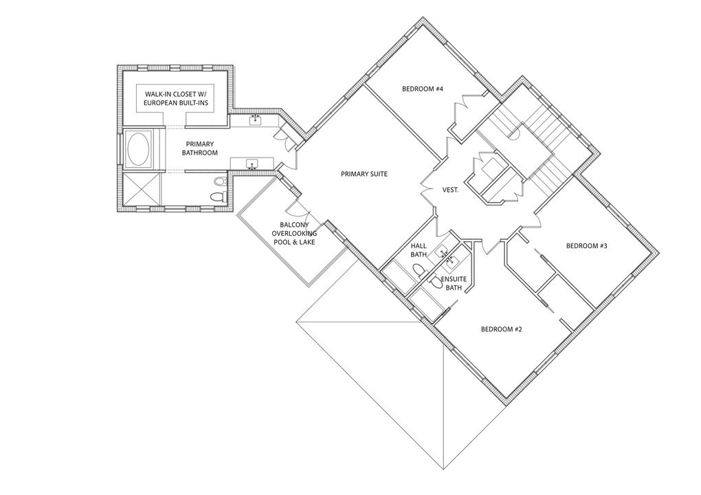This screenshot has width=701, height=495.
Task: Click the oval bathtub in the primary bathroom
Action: [x=140, y=149]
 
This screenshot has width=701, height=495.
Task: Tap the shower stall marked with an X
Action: [x=142, y=189]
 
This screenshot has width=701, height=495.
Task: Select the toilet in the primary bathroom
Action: [x=217, y=197]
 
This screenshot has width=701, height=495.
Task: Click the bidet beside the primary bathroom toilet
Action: [x=220, y=181]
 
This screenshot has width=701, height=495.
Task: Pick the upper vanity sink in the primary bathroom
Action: [x=255, y=120]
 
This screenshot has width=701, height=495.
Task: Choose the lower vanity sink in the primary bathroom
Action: [x=252, y=164]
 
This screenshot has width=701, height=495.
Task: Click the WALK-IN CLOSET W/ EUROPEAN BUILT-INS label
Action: [x=175, y=98]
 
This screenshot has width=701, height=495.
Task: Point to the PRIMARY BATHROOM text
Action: [x=199, y=148]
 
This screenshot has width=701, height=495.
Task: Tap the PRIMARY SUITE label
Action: [x=364, y=174]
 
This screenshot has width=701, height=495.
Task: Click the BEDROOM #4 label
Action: [x=422, y=89]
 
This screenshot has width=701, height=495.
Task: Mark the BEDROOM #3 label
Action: [x=586, y=245]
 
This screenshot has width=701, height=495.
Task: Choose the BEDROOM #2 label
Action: [x=501, y=329]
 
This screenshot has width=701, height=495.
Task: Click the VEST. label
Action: [x=450, y=190]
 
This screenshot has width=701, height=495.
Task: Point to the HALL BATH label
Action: [x=419, y=250]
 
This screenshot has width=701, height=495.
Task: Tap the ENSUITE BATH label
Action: [x=454, y=283]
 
